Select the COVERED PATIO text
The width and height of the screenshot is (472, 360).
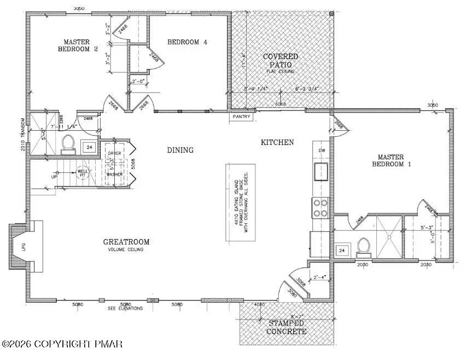point(281,60)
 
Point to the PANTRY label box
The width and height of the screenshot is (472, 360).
point(241,116)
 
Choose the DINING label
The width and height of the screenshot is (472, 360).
point(180,150)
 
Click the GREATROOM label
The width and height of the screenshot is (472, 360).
point(126,242)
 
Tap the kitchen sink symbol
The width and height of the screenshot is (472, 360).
point(320,171)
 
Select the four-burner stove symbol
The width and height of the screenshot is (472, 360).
point(320,207)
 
